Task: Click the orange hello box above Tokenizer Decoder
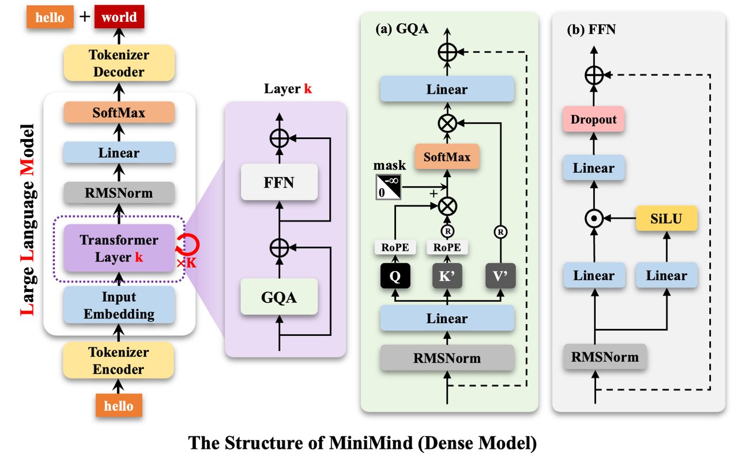tap(50, 16)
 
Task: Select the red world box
tap(119, 16)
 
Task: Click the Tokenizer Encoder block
tap(118, 360)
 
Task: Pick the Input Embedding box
tap(118, 305)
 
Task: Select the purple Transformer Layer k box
tap(118, 248)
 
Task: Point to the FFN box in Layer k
tap(279, 182)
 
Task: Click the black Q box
tap(395, 276)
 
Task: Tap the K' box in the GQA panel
tap(447, 276)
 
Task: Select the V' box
tap(499, 276)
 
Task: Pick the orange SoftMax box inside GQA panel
tap(447, 156)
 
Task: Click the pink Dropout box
tap(594, 120)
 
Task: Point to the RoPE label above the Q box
tap(395, 248)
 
